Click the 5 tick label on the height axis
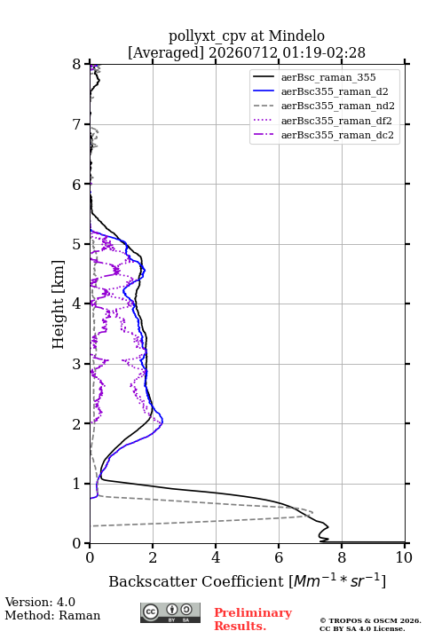(x=76, y=244)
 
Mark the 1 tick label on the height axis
(x=76, y=484)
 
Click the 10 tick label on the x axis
(x=404, y=557)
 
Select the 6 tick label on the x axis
(x=279, y=557)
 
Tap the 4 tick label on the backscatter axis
(x=216, y=557)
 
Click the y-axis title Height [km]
(x=59, y=304)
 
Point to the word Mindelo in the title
(x=296, y=35)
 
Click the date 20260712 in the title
(x=243, y=52)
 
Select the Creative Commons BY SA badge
(x=170, y=612)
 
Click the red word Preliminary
(x=253, y=613)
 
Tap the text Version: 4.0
(x=40, y=602)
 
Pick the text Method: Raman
(x=52, y=615)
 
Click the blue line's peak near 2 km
(x=162, y=422)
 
